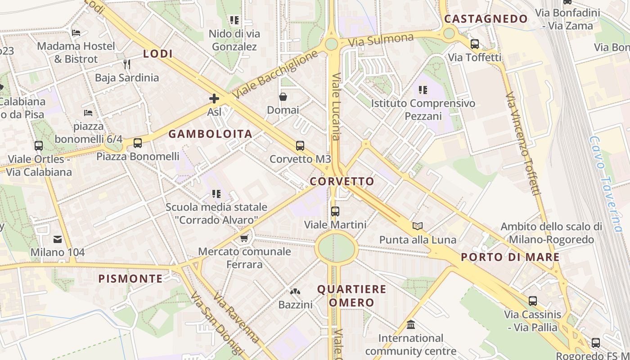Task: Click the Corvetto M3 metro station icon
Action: click(300, 146)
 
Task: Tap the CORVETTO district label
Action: click(342, 181)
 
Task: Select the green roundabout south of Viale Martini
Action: click(336, 247)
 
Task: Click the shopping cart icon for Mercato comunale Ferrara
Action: click(244, 238)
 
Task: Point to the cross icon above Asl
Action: click(214, 99)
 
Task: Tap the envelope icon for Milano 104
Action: click(58, 239)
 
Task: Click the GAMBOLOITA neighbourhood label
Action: click(210, 134)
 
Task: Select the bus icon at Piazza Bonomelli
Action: click(138, 143)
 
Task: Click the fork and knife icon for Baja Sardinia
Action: click(127, 64)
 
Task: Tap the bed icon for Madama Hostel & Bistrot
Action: click(76, 33)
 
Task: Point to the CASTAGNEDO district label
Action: click(486, 19)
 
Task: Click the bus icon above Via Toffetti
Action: click(475, 44)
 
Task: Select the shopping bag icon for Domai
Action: click(283, 97)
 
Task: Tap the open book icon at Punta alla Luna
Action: click(418, 226)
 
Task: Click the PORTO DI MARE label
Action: click(510, 257)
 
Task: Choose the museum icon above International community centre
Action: click(410, 324)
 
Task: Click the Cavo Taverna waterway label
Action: click(606, 184)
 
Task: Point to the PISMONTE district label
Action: click(130, 279)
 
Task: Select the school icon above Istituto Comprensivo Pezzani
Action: click(423, 90)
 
